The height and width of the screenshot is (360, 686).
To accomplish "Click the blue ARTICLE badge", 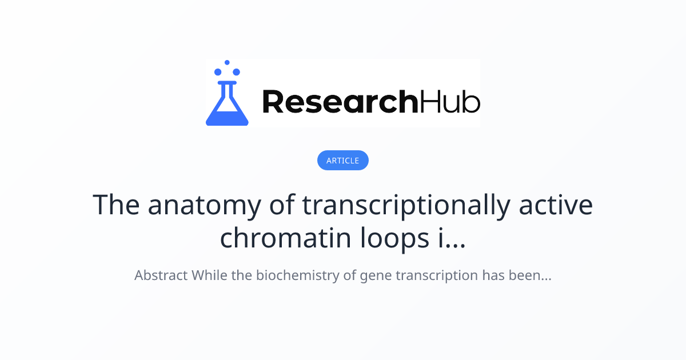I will pos(342,161).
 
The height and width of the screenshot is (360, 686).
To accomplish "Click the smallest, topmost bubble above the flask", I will pos(227,62).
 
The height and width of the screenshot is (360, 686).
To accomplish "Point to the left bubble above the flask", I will pos(218,72).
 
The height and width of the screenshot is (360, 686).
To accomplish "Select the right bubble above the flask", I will pos(236,72).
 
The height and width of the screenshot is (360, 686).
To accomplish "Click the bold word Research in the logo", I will pos(340,101).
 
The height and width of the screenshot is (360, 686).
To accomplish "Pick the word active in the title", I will pos(556,205).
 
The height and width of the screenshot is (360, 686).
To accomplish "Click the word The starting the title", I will pos(117,205).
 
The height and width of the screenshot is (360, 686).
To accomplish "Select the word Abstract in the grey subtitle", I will pos(161,275).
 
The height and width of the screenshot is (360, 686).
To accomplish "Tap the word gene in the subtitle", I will pos(374,275).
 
